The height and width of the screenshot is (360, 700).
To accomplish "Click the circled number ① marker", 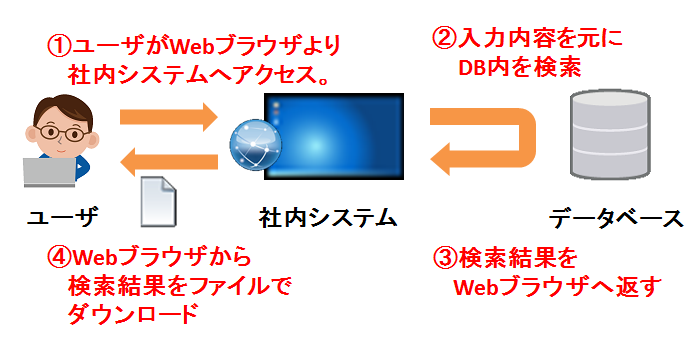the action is click(x=59, y=47).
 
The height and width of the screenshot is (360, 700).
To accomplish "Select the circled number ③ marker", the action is click(x=446, y=259).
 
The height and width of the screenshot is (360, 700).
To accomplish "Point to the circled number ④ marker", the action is click(x=59, y=257).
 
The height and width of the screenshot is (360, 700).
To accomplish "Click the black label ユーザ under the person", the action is click(x=62, y=218).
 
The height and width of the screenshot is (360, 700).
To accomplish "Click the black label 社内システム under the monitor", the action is click(x=328, y=218).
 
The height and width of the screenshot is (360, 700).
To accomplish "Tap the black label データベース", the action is click(x=616, y=218).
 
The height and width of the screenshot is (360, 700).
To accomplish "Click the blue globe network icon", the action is click(x=256, y=145).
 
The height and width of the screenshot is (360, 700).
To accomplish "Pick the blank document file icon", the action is click(x=158, y=201).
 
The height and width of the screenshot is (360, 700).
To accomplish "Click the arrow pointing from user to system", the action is click(x=169, y=117).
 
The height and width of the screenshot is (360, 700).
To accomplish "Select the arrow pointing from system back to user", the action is click(x=169, y=161).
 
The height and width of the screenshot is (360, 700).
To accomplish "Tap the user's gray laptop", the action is click(x=50, y=172).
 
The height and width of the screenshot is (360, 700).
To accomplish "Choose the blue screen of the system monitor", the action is click(x=334, y=136).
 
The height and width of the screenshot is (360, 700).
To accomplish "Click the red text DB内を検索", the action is click(x=520, y=68).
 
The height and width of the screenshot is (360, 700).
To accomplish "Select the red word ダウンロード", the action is click(x=133, y=313).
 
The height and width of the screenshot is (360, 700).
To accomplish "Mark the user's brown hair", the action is click(x=62, y=109).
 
